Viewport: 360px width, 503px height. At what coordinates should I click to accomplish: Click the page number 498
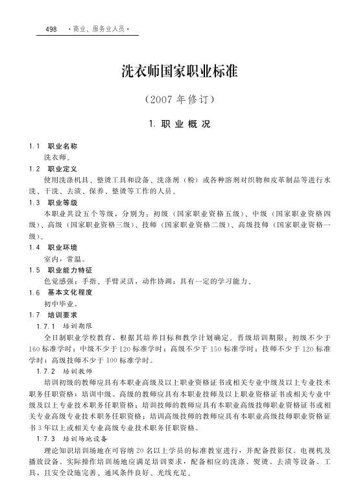[x=52, y=30]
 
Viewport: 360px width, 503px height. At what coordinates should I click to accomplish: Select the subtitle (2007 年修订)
[x=180, y=101]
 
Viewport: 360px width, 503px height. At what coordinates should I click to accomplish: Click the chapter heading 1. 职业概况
[x=180, y=124]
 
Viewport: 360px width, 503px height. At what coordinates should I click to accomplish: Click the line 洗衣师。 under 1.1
[x=58, y=158]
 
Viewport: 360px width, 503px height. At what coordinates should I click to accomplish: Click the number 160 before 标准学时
[x=34, y=349]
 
